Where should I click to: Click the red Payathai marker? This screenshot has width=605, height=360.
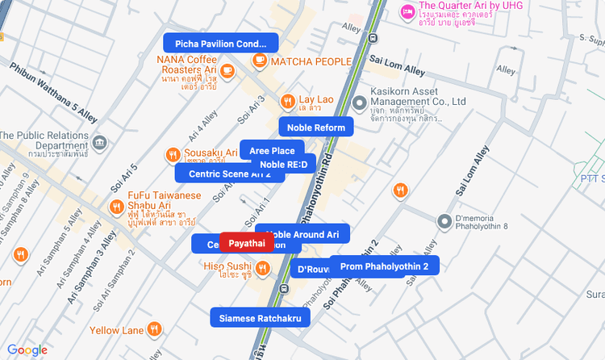tap(246, 243)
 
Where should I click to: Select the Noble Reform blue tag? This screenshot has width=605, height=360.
tap(316, 128)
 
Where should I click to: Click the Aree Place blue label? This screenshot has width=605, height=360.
tap(272, 151)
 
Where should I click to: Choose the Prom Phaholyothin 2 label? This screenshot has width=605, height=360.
tap(384, 266)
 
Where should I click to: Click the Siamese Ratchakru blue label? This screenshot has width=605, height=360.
tap(260, 318)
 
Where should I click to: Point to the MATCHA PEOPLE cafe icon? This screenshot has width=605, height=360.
tap(260, 61)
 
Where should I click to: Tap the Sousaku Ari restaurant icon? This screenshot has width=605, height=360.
tap(173, 155)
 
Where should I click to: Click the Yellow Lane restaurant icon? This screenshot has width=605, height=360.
tap(155, 329)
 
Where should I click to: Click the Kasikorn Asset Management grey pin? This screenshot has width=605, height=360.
tap(359, 103)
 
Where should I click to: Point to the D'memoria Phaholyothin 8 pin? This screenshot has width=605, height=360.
tap(443, 221)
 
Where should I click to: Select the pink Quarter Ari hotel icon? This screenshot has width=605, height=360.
tap(407, 11)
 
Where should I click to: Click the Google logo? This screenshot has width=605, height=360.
tap(27, 350)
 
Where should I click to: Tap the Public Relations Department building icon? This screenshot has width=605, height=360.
tap(99, 143)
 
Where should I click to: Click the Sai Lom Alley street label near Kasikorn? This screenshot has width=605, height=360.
tap(397, 65)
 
